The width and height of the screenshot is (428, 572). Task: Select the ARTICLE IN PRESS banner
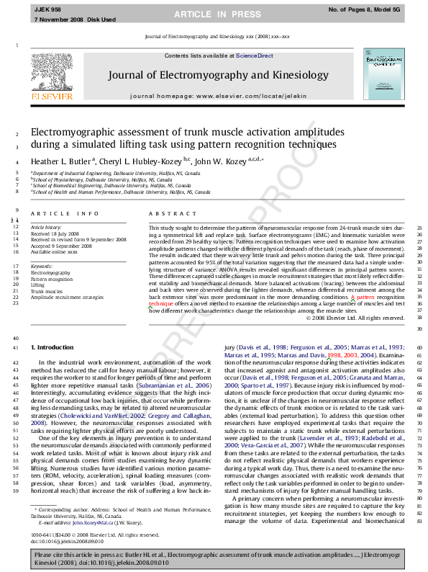click(214, 13)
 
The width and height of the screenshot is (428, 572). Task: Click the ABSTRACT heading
click(166, 214)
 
